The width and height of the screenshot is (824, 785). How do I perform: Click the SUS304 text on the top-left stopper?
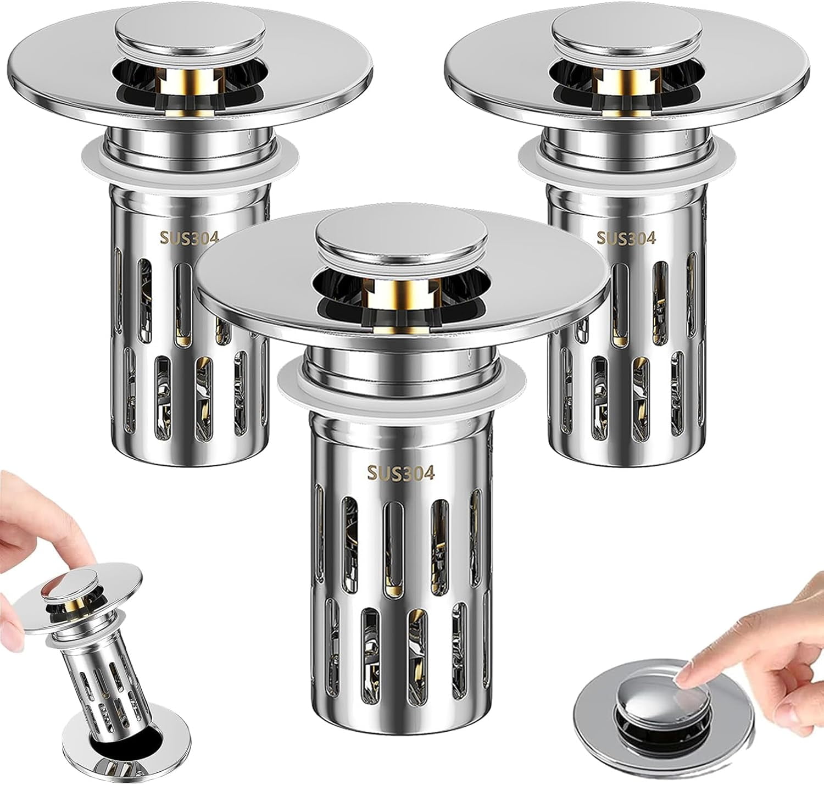click(189, 237)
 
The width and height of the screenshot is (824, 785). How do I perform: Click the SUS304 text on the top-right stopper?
click(626, 238)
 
